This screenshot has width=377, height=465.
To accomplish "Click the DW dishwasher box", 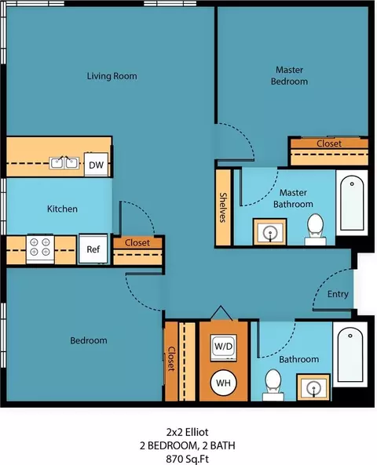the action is click(97, 165).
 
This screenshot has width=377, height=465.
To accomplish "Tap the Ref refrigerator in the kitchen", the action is click(93, 249).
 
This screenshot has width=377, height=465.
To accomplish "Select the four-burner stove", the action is click(40, 249).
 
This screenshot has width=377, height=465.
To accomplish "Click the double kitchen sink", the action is click(64, 163).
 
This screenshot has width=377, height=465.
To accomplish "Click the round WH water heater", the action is click(223, 383).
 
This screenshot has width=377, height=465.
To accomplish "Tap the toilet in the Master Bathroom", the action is click(315, 229).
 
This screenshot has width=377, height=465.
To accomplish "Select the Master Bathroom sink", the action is click(270, 232).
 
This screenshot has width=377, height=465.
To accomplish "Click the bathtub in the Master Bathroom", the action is click(352, 203).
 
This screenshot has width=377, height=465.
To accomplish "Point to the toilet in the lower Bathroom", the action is click(273, 385).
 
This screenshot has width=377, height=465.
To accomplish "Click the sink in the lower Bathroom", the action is click(313, 387).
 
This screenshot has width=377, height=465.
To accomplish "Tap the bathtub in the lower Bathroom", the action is click(350, 354).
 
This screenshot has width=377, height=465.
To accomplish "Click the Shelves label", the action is click(223, 207).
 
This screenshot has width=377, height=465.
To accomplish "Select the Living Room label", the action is click(112, 76).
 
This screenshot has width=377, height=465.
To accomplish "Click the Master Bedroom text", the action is click(289, 75).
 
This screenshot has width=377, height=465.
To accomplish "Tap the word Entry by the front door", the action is click(338, 294).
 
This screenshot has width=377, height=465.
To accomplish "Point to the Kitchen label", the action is click(62, 209).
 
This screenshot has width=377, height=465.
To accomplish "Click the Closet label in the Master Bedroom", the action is click(329, 143).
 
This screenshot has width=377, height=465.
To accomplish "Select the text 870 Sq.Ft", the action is click(188, 460).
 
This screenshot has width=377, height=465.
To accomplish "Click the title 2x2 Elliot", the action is click(188, 432).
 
